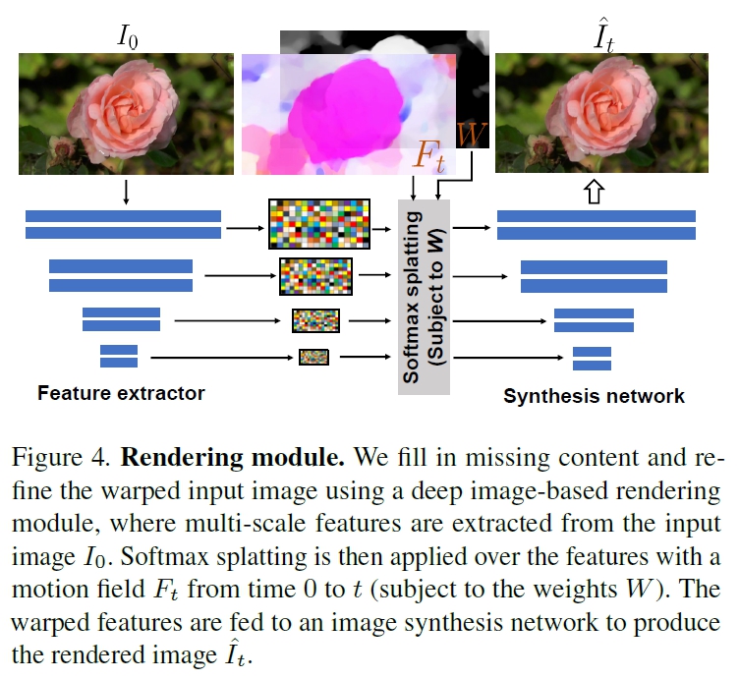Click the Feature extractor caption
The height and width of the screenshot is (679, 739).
pos(121,394)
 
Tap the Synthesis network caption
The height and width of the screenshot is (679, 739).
pos(594,396)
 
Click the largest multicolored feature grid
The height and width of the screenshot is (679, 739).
pos(316,224)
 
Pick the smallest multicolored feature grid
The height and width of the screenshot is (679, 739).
pos(313,357)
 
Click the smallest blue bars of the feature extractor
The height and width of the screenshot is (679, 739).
pos(119,356)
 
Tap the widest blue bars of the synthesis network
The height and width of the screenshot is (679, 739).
pos(597,225)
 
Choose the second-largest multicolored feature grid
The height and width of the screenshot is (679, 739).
pos(315,276)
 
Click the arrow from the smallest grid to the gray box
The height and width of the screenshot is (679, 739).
pos(363,357)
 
